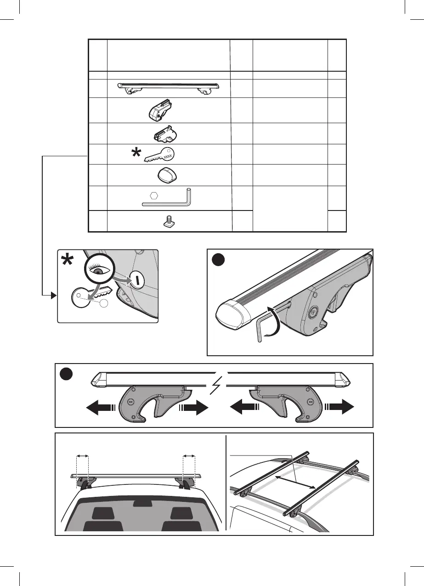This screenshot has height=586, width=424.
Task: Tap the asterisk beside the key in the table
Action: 136,154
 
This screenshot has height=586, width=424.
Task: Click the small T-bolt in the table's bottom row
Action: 169,222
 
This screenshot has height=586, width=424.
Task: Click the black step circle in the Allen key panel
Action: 219,260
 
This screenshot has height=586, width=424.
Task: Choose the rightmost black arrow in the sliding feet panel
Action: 340,407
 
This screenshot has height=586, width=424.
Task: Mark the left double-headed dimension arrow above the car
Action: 82,455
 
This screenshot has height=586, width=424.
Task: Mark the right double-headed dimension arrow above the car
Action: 189,455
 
